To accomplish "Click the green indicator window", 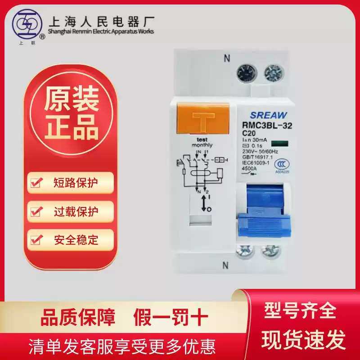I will pos(279,144).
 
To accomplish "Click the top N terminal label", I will pos(227,58).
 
